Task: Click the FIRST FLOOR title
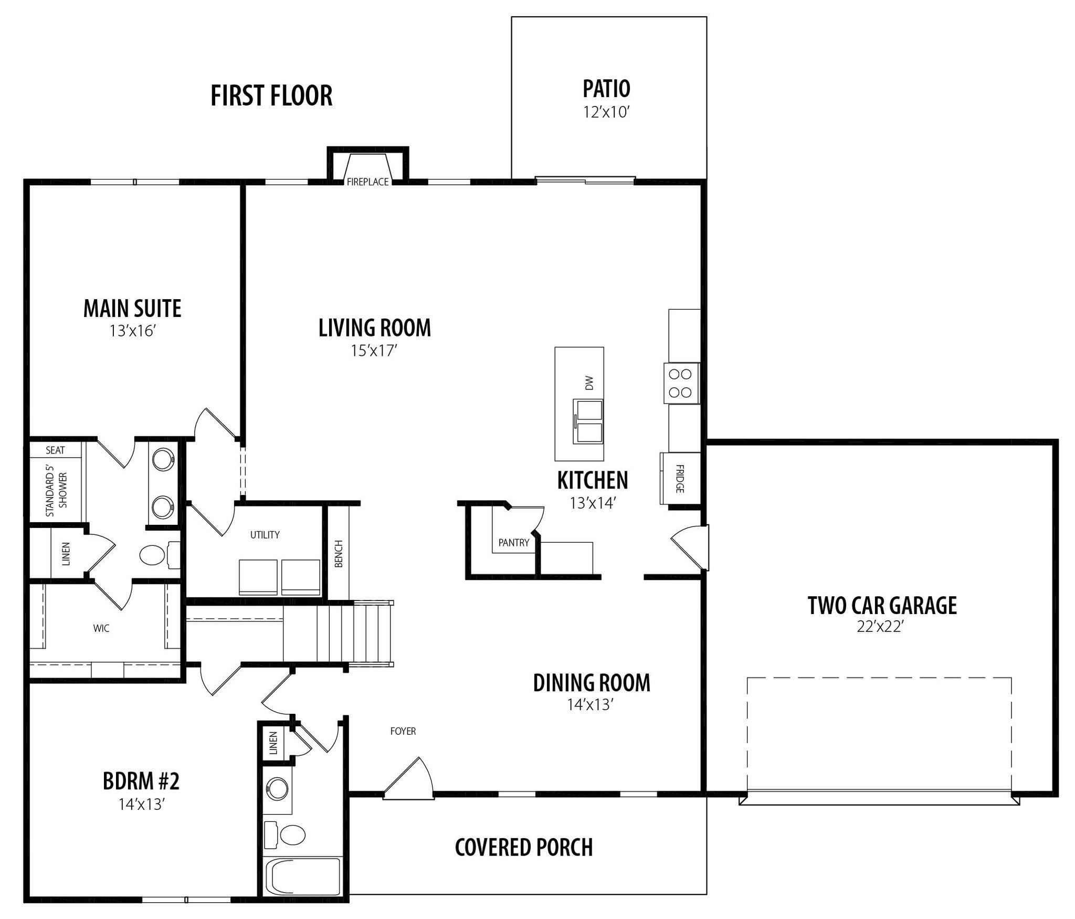(x=271, y=96)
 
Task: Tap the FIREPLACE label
(x=367, y=182)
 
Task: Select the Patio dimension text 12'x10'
(x=606, y=112)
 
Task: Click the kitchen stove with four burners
(x=681, y=383)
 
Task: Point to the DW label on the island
(x=589, y=383)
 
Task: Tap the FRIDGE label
(x=680, y=478)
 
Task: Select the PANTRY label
(x=514, y=543)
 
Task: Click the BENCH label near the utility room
(x=339, y=554)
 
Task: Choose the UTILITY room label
(x=265, y=535)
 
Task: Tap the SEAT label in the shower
(x=55, y=450)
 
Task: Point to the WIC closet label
(x=101, y=628)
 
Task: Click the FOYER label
(x=403, y=731)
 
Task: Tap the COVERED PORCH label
(x=524, y=848)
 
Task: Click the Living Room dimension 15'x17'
(x=374, y=350)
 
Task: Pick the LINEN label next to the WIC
(x=66, y=554)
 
